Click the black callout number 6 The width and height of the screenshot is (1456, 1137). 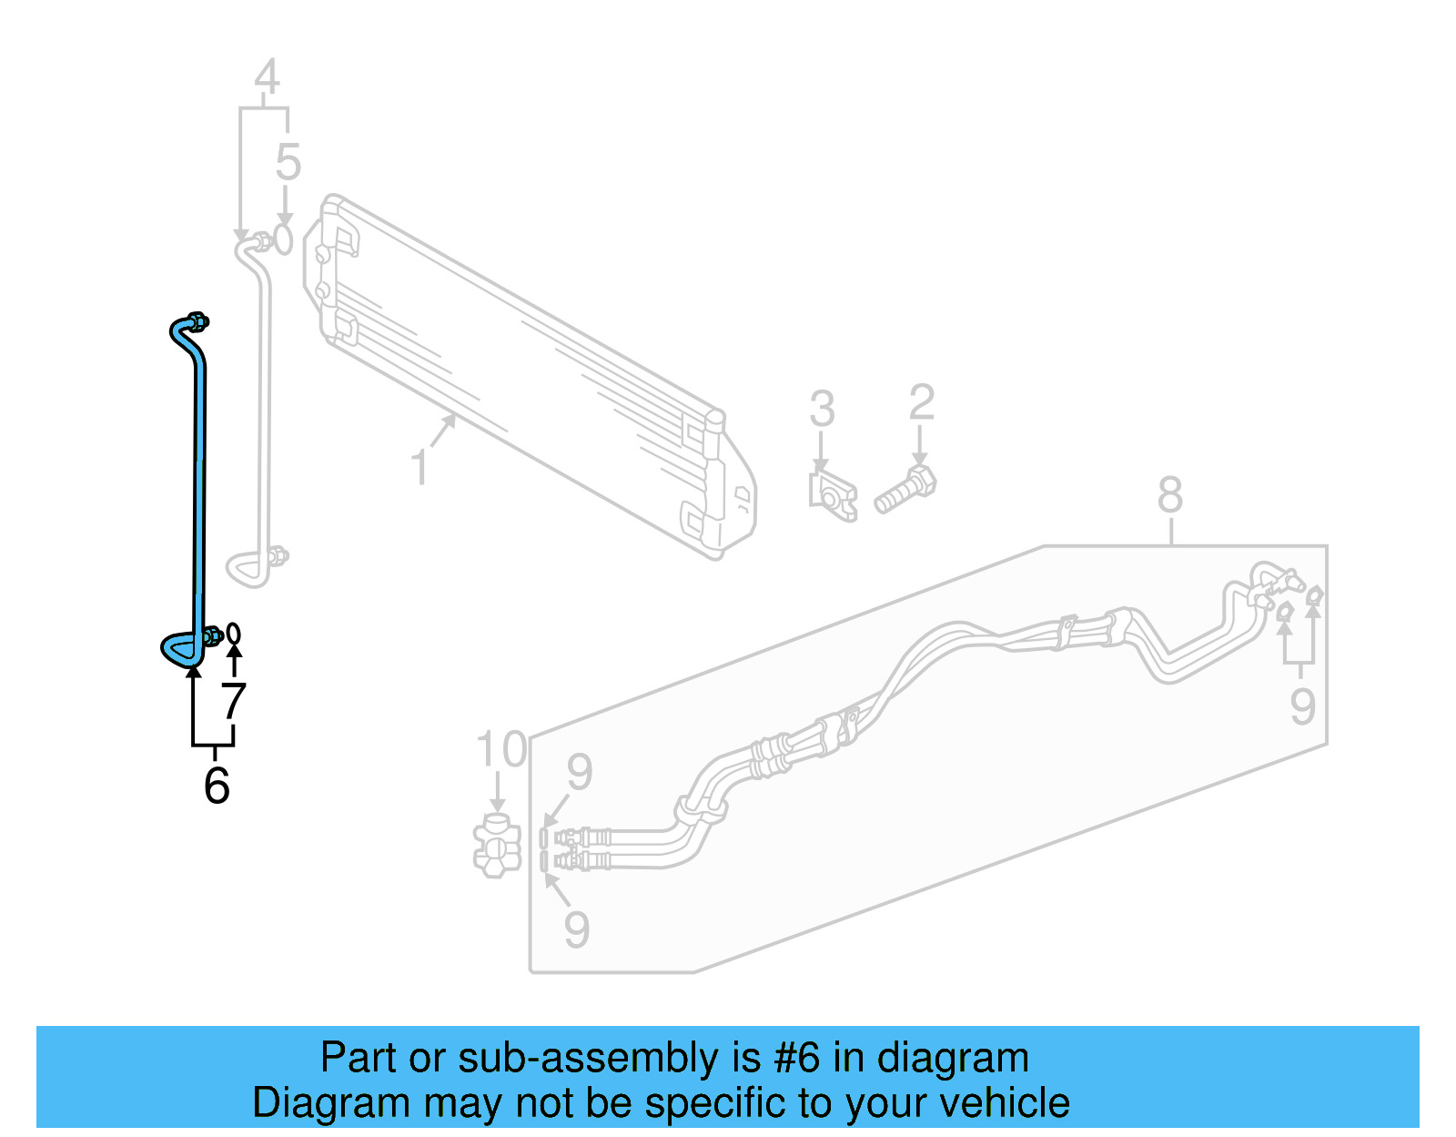click(217, 786)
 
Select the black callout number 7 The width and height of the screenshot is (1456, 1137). click(234, 702)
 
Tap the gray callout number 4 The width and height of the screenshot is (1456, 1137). click(266, 77)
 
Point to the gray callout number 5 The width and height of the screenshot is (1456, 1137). click(288, 163)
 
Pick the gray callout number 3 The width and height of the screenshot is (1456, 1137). click(822, 409)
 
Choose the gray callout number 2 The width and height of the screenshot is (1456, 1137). click(921, 402)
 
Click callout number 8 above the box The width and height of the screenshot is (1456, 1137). click(1170, 495)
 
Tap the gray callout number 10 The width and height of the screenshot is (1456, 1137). click(501, 750)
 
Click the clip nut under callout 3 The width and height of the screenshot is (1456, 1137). click(833, 496)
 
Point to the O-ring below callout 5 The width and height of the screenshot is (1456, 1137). click(284, 240)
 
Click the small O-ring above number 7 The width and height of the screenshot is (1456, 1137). click(234, 633)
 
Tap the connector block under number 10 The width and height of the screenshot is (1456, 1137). click(497, 847)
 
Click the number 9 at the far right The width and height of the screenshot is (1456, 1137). click(1302, 706)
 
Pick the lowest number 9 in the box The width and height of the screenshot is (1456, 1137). click(577, 929)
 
